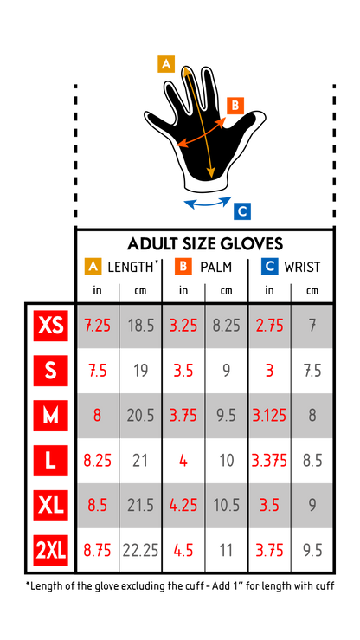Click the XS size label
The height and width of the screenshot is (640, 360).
(x=50, y=326)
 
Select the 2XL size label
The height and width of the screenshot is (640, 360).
(x=50, y=550)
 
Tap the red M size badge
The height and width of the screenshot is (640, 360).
(x=50, y=416)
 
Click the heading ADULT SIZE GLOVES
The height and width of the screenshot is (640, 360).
(x=205, y=243)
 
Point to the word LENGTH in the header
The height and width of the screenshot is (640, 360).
(x=131, y=267)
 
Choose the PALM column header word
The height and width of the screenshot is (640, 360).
(x=215, y=267)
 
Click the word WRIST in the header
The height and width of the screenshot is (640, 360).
(x=302, y=267)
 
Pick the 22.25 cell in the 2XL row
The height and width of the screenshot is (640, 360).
(x=140, y=551)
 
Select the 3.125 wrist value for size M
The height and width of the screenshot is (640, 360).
(x=269, y=416)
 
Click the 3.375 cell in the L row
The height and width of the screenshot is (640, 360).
(x=269, y=461)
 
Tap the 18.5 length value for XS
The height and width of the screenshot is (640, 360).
(x=141, y=326)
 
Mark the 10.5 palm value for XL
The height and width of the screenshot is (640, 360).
(x=226, y=506)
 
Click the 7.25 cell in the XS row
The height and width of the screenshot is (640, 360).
(x=98, y=326)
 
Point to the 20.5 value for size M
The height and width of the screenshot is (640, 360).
(x=141, y=416)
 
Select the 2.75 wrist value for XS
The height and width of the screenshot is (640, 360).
(x=269, y=326)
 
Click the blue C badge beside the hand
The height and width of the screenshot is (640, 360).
(x=242, y=211)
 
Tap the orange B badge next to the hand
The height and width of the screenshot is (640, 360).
(x=235, y=106)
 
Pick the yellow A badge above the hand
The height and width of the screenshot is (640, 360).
(x=166, y=64)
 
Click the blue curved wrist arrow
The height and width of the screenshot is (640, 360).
(x=208, y=205)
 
